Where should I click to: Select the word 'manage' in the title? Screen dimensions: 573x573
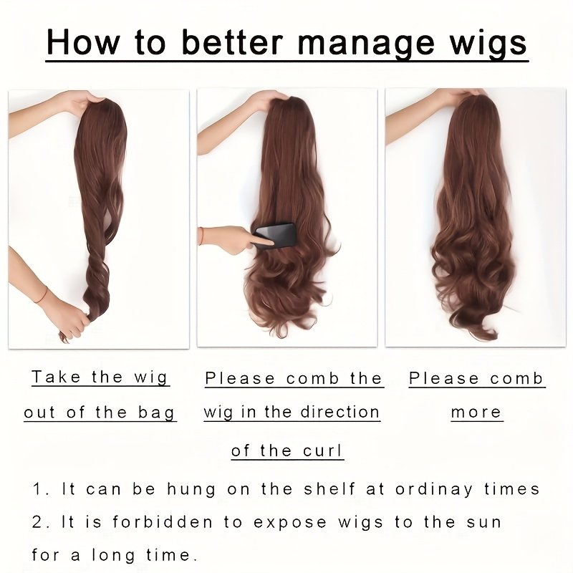(367, 43)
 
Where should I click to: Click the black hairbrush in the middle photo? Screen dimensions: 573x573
(275, 236)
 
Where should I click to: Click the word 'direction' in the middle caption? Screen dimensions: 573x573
(340, 412)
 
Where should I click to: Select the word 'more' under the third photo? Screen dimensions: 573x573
(476, 413)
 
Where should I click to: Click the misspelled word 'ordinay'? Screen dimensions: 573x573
(434, 489)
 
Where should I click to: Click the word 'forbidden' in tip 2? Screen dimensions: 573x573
(163, 521)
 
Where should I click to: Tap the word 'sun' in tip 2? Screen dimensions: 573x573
(483, 523)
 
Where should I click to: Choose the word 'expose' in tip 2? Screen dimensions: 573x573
(290, 523)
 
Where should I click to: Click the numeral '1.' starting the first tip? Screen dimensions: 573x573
(41, 489)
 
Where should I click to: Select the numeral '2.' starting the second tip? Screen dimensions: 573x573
(41, 522)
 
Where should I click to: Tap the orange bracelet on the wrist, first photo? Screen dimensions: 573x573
(42, 295)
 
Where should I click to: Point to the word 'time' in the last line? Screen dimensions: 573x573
(168, 554)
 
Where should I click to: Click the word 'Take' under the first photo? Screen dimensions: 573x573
(56, 377)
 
